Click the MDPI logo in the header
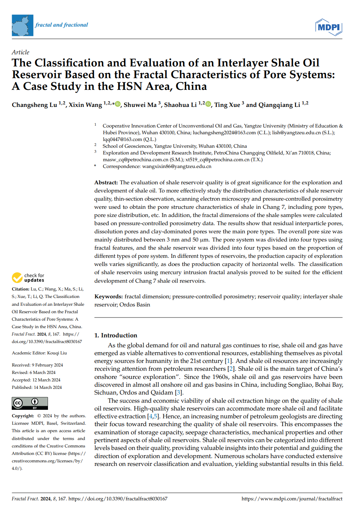pos(328,27)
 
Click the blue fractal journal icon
pos(22,25)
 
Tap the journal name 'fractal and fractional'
pos(61,25)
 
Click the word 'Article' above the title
pos(20,52)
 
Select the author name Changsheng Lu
pos(34,105)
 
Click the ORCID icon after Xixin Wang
pos(118,104)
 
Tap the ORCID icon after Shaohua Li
pos(208,104)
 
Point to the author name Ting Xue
pos(227,105)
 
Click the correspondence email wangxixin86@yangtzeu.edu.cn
pos(177,166)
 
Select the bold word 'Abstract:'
pos(106,183)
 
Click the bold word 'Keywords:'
pos(108,297)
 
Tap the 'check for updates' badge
pos(28,278)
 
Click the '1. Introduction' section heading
pos(115,335)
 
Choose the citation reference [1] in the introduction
pos(228,361)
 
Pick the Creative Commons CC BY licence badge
pos(30,403)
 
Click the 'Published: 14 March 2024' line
pos(37,387)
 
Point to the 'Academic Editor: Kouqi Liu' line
pos(39,353)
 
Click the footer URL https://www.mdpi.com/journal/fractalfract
pos(292,499)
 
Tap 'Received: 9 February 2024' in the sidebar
pos(37,365)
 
